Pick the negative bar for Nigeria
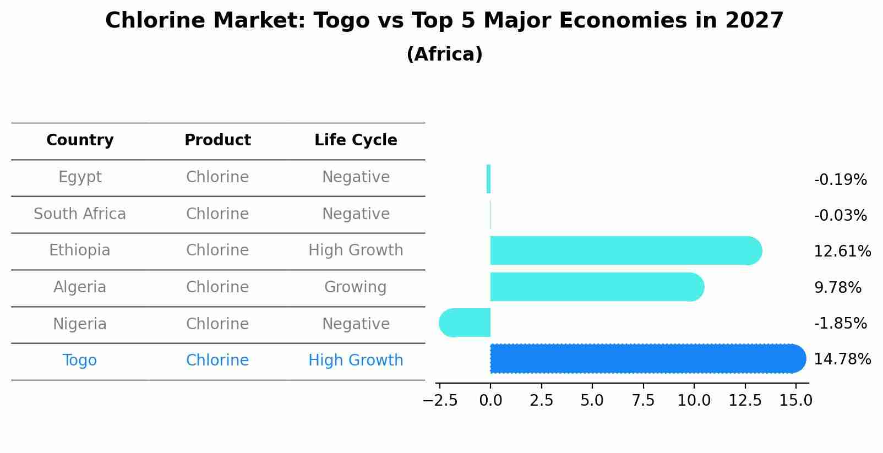click(465, 323)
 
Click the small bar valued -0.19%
click(488, 179)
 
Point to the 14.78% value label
click(842, 359)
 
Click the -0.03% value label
click(840, 216)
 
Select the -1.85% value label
click(840, 324)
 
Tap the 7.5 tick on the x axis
click(643, 401)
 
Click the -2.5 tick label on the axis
click(440, 401)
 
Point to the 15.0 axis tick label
click(795, 401)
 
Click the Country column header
click(80, 140)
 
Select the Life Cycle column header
click(356, 140)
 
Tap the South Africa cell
click(80, 214)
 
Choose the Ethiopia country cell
click(80, 250)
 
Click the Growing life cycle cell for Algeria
click(355, 287)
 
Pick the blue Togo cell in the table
click(80, 361)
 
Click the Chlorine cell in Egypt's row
click(217, 177)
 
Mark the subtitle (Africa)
click(444, 54)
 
